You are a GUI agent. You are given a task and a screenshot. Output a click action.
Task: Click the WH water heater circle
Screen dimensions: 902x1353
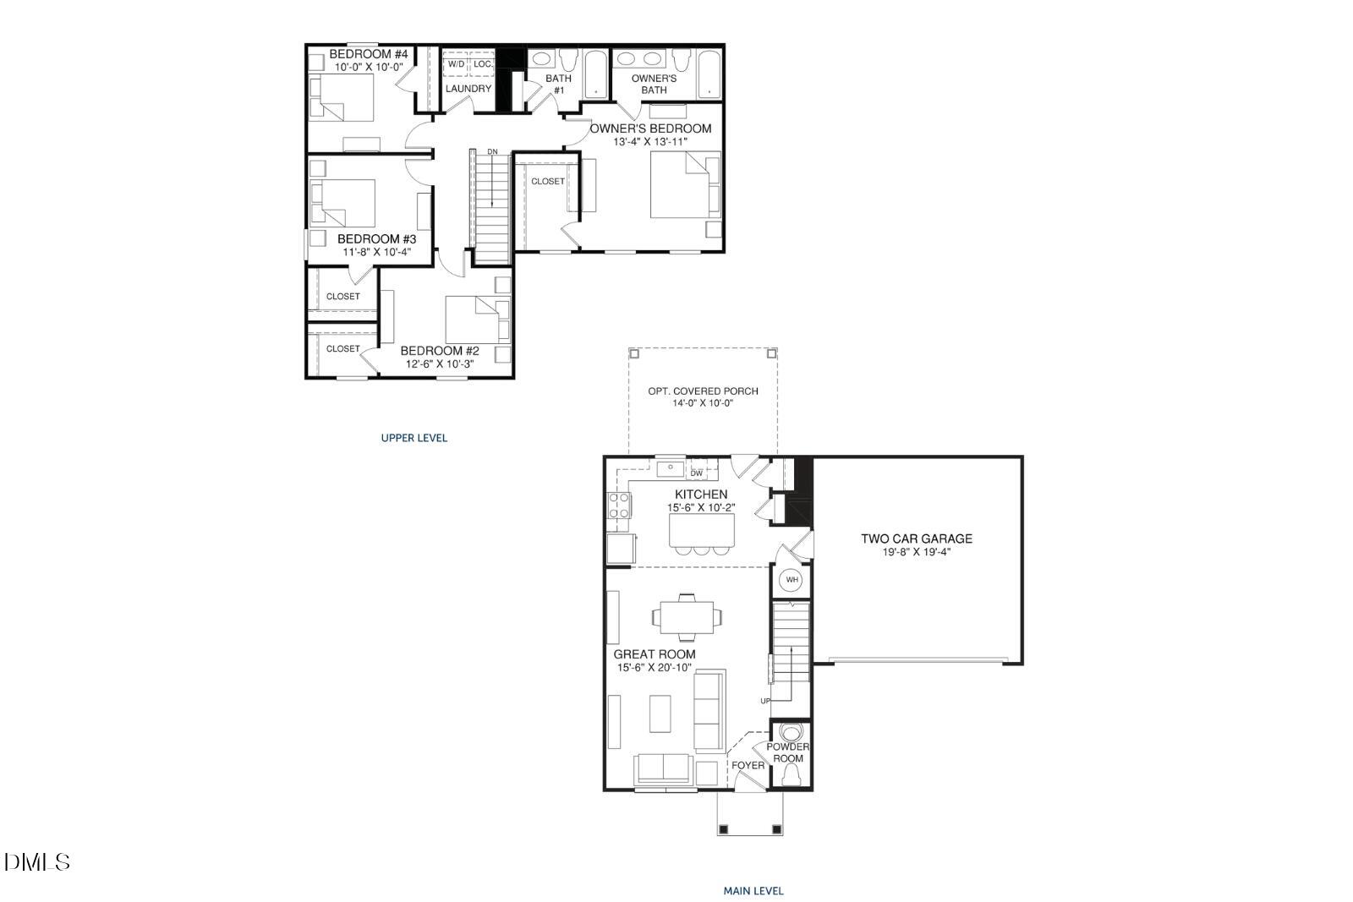pos(792,579)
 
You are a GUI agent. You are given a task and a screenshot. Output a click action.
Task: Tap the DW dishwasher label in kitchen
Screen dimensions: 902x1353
pos(697,473)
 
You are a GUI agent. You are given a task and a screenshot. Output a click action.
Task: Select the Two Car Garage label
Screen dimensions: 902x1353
pos(917,538)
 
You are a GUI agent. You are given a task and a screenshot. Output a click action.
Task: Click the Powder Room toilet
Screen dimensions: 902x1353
pos(792,733)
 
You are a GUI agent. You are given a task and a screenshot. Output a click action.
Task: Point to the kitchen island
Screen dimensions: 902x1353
pos(702,529)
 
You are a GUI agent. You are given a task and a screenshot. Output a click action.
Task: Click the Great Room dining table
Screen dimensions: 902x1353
pos(687,616)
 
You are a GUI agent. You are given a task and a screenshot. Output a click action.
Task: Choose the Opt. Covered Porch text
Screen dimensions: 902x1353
pos(703,391)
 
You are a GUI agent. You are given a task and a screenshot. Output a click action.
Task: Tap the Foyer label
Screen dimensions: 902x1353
pos(748,766)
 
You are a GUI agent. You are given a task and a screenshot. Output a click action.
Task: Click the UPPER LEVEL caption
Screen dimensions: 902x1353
pos(414,438)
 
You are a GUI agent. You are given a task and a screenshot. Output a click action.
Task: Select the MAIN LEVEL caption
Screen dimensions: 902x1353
pos(753,890)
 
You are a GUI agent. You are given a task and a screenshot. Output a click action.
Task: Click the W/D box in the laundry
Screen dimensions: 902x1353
pos(456,64)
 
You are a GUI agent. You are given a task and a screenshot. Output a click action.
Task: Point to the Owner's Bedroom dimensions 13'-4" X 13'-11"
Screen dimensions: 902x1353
pos(650,142)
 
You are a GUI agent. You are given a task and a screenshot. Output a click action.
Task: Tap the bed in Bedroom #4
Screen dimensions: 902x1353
pos(342,97)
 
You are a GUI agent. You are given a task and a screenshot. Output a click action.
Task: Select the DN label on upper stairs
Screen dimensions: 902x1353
pos(492,151)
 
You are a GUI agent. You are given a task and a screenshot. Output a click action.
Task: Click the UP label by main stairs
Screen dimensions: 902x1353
pos(765,701)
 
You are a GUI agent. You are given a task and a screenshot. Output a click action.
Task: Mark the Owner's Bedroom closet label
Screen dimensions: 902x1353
pos(548,182)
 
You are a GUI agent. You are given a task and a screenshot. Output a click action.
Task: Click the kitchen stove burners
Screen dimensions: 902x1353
pos(619,506)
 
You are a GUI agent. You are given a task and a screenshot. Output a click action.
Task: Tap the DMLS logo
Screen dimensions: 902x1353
pos(37,862)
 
